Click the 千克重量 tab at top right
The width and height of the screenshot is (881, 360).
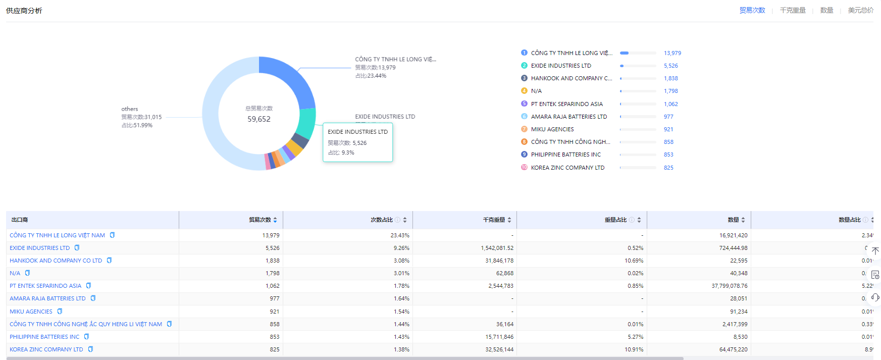pos(793,10)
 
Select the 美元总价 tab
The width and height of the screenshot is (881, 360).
pos(860,10)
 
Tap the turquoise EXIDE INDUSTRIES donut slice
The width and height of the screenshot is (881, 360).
pos(306,122)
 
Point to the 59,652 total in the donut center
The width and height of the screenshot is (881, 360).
pos(259,119)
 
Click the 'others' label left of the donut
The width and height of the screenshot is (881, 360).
pos(130,109)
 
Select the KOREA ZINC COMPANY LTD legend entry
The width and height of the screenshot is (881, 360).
pos(567,168)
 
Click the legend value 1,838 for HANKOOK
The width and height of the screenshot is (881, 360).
pos(670,78)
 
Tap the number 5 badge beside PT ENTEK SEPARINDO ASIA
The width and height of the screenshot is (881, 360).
pos(524,104)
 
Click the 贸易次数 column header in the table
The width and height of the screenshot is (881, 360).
pos(260,220)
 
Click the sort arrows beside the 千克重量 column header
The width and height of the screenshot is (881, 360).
pos(509,220)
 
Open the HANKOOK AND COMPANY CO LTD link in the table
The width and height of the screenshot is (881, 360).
pos(56,261)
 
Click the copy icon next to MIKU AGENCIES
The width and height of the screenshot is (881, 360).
pos(60,312)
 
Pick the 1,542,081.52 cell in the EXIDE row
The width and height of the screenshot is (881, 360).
pos(497,248)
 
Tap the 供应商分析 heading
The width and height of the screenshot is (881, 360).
pos(24,11)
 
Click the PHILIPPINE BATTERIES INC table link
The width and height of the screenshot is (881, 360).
pos(44,337)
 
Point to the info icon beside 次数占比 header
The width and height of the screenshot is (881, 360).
pos(397,220)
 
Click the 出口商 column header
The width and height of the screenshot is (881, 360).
pos(20,220)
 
